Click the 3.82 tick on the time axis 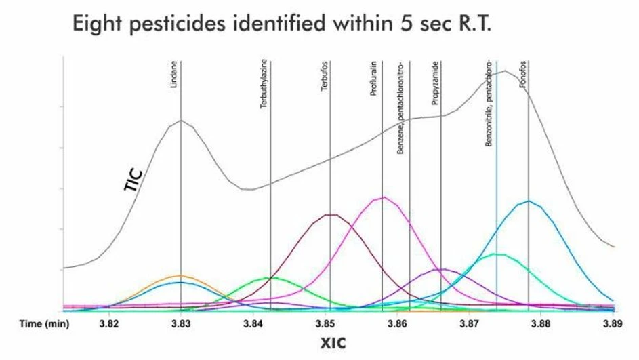[109, 323]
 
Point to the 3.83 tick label [181, 323]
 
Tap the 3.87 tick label [468, 323]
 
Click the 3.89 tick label [613, 323]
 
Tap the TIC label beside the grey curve [136, 182]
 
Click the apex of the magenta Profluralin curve [384, 197]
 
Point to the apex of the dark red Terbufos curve [330, 214]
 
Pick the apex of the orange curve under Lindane [181, 275]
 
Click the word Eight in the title [102, 26]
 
